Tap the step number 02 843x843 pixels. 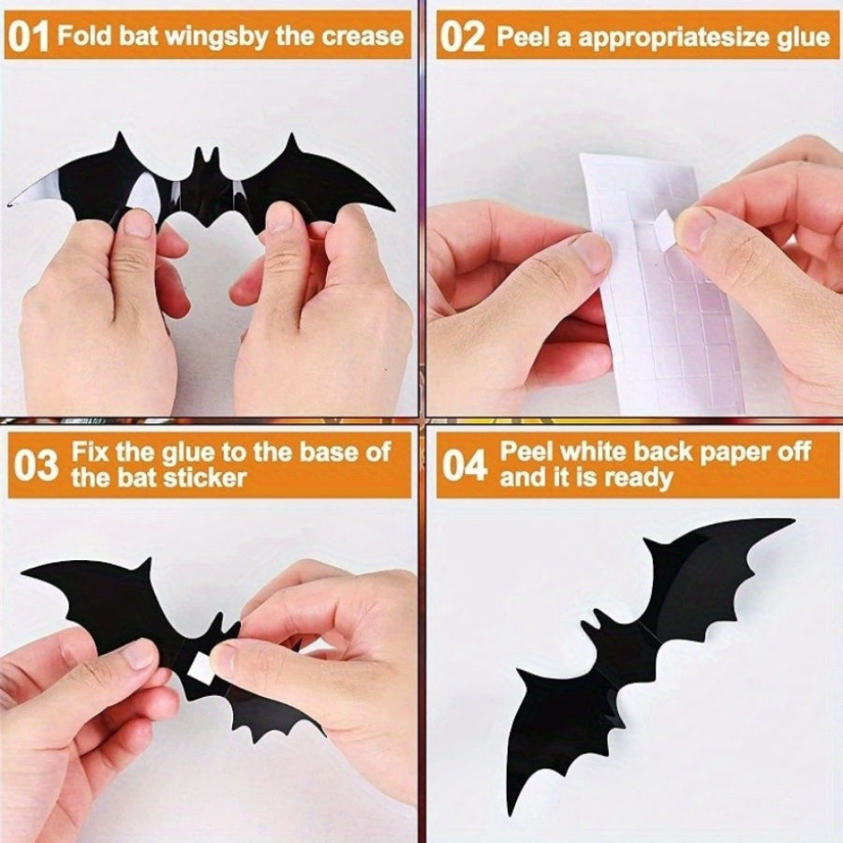pyautogui.click(x=463, y=37)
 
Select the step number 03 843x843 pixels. pyautogui.click(x=36, y=466)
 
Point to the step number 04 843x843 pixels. pyautogui.click(x=466, y=466)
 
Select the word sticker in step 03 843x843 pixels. pyautogui.click(x=204, y=477)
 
